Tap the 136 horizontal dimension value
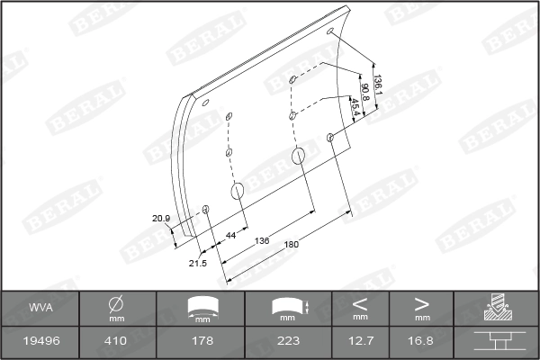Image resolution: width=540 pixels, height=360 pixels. pyautogui.click(x=262, y=240)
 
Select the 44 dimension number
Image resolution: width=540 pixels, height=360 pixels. pyautogui.click(x=230, y=235)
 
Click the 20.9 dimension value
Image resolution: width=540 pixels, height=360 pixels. pyautogui.click(x=160, y=219)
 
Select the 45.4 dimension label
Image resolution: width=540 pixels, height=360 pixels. pyautogui.click(x=355, y=106)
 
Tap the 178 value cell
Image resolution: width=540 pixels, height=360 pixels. pyautogui.click(x=202, y=341)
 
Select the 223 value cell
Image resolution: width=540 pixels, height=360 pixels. pyautogui.click(x=288, y=341)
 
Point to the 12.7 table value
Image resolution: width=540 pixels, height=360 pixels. pyautogui.click(x=360, y=341)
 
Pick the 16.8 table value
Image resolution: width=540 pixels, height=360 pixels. pyautogui.click(x=422, y=341)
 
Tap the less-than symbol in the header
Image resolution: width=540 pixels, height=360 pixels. pyautogui.click(x=360, y=304)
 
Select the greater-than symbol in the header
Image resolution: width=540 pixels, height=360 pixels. pyautogui.click(x=422, y=304)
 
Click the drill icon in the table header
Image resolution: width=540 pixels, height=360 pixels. pyautogui.click(x=496, y=308)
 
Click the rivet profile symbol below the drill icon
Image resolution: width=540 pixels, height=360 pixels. pyautogui.click(x=496, y=341)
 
